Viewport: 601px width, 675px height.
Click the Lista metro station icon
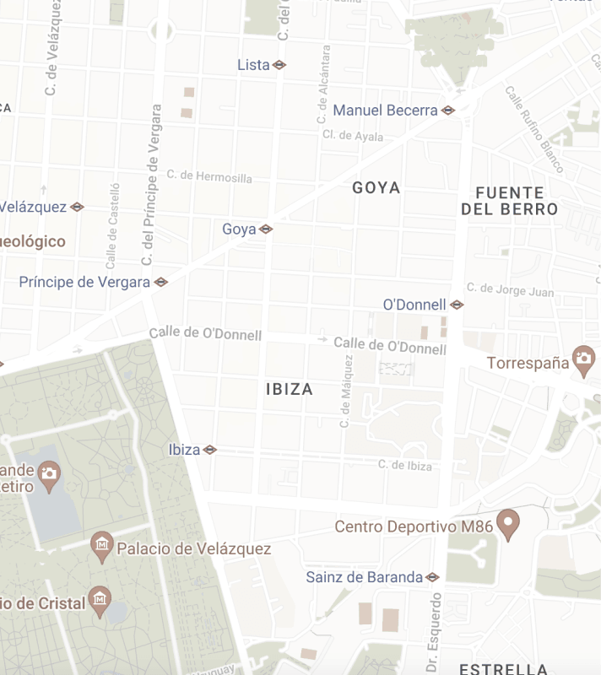click(x=279, y=65)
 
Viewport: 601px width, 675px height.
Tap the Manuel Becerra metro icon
click(x=448, y=111)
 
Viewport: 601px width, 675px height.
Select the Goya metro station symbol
click(x=266, y=229)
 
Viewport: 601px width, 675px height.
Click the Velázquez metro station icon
click(x=77, y=207)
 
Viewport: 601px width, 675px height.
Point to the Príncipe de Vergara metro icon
click(x=161, y=282)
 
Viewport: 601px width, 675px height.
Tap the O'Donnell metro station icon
click(x=457, y=305)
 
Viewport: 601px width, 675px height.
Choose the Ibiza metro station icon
click(x=210, y=450)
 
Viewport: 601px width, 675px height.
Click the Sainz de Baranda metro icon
click(x=433, y=578)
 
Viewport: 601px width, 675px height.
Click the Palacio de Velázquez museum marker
click(x=102, y=547)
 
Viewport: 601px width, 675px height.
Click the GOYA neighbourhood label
click(x=376, y=187)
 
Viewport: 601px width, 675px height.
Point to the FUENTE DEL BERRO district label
click(x=510, y=201)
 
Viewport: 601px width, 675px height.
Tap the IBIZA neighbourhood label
click(x=290, y=389)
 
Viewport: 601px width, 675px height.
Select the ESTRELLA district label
click(x=504, y=669)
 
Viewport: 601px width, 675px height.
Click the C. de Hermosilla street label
click(x=209, y=176)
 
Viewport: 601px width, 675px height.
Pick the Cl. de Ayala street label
click(x=353, y=136)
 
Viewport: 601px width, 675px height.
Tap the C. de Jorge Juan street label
click(x=511, y=290)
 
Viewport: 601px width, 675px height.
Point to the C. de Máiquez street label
click(x=345, y=391)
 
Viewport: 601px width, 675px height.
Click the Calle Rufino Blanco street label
click(x=534, y=128)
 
